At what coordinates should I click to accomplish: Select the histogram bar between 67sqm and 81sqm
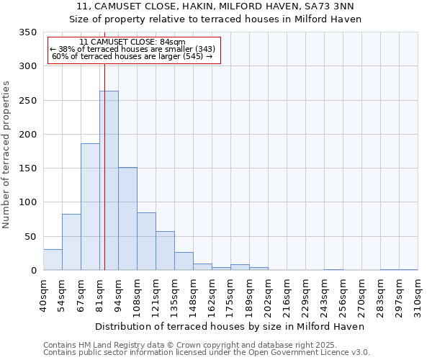coord(90,207)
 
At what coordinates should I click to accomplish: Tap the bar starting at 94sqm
coord(127,219)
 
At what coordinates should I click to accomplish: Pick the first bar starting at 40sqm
coord(53,260)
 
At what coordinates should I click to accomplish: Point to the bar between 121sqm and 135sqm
coord(165,251)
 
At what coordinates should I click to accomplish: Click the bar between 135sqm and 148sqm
coord(184,261)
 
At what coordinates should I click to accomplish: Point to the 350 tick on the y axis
coord(27,32)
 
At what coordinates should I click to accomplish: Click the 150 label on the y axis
coord(27,168)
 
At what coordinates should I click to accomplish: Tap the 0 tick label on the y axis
coord(33,271)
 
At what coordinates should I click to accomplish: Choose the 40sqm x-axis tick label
coord(43,295)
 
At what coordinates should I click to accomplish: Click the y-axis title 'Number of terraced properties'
coord(6,154)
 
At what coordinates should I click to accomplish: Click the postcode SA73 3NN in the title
coord(334,6)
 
